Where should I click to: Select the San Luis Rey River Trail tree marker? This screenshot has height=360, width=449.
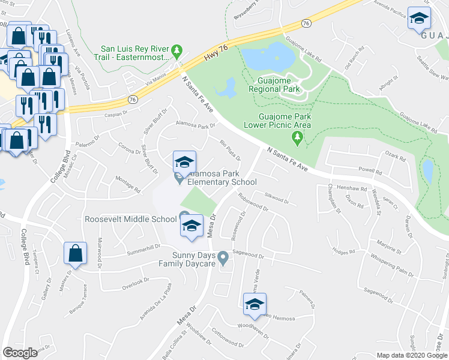click(177, 49)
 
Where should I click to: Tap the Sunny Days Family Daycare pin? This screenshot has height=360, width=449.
click(223, 258)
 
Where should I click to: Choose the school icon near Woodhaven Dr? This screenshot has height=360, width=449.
click(255, 305)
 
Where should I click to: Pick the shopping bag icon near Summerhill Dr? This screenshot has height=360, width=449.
click(75, 254)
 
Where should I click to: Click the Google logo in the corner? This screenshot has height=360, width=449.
click(20, 353)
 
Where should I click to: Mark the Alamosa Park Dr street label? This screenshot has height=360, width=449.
click(194, 125)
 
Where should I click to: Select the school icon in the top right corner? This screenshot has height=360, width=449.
click(419, 19)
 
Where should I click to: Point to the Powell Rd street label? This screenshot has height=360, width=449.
click(370, 170)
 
